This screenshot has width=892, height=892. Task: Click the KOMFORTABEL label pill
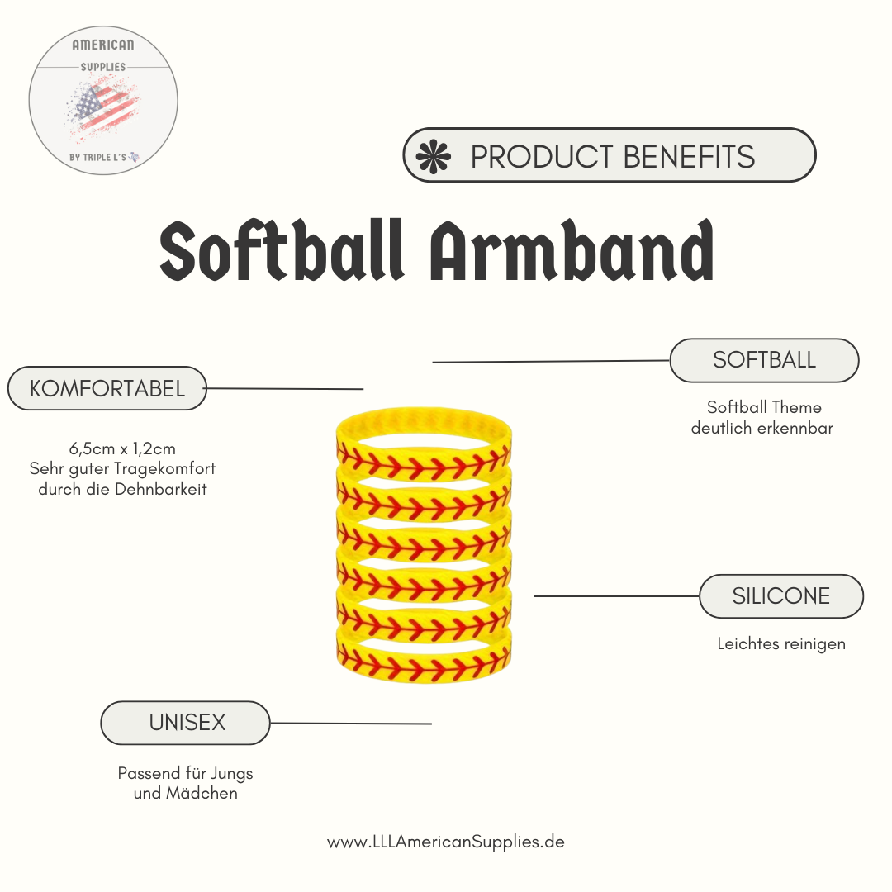[x=107, y=388]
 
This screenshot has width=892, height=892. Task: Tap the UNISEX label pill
[x=186, y=723]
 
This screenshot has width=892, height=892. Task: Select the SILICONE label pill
[x=781, y=596]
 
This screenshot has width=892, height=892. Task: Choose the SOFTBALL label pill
[x=764, y=360]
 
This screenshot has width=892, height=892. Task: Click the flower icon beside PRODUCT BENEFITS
[x=434, y=156]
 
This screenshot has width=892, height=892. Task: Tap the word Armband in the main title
[x=572, y=250]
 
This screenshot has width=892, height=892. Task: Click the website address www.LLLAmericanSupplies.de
[x=446, y=842]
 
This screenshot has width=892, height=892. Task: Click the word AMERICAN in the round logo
[x=103, y=45]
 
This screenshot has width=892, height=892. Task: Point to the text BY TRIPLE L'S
[x=97, y=158]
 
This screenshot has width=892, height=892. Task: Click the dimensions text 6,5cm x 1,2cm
[x=122, y=448]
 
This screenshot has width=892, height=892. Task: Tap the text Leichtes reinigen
[x=781, y=644]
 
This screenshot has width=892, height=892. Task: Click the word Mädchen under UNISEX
[x=202, y=793]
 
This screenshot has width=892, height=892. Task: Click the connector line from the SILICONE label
[x=617, y=596]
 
